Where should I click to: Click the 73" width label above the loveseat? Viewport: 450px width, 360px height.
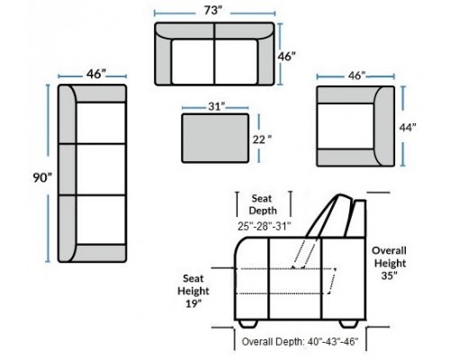[213, 11]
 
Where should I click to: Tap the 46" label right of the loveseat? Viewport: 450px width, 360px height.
[286, 57]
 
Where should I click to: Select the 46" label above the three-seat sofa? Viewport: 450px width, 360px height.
[96, 74]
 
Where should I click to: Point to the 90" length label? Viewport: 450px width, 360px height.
[42, 177]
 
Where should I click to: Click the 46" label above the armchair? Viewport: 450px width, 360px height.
[356, 76]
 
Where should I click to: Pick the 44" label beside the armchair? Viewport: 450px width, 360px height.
[408, 128]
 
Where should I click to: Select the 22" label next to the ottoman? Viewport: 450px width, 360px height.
[262, 139]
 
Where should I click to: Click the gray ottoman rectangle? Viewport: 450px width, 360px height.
[215, 139]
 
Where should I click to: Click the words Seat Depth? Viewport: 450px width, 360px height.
[263, 204]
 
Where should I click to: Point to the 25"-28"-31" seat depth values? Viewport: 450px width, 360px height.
[265, 226]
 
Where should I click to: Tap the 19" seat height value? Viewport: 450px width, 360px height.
[193, 303]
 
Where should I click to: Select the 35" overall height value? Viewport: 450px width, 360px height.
[390, 275]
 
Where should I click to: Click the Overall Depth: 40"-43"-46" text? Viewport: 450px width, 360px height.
[300, 341]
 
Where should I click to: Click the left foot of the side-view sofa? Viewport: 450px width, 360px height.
[248, 323]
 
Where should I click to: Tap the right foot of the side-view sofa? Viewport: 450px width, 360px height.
[349, 323]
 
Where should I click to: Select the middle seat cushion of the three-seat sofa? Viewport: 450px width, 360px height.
[101, 169]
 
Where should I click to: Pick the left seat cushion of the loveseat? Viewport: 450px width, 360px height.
[193, 61]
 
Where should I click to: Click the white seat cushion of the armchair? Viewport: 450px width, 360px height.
[346, 126]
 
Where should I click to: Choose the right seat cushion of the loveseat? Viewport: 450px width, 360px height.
[236, 61]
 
